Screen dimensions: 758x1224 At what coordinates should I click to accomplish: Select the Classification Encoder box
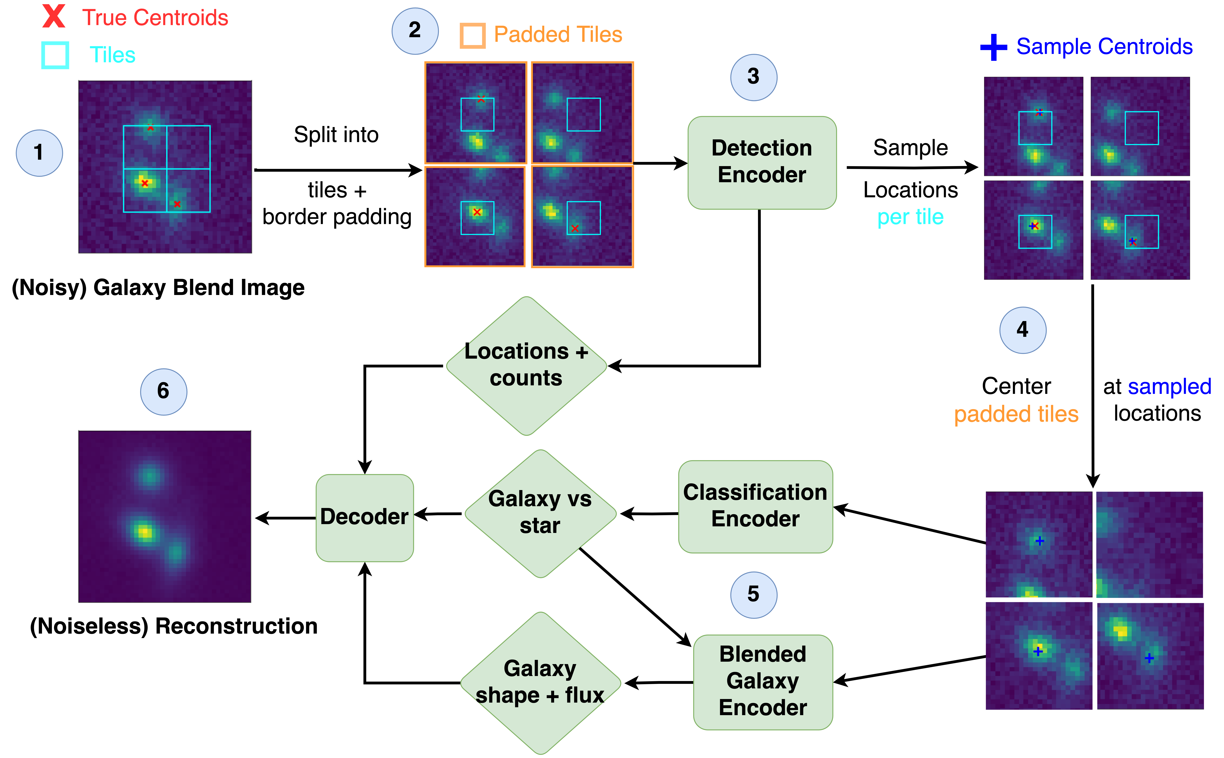click(755, 506)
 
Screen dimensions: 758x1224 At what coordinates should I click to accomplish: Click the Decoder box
click(365, 517)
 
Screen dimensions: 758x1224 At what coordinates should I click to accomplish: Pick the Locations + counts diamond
click(526, 365)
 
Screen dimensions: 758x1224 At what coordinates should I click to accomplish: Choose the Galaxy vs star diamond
click(540, 513)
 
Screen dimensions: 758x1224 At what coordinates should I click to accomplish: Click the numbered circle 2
click(415, 31)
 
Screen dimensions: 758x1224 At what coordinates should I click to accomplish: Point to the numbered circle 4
click(1022, 330)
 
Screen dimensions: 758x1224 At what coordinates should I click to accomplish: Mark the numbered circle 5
click(753, 595)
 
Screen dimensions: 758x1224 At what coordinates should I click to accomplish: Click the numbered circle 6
click(163, 391)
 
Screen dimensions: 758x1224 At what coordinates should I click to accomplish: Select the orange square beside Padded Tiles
click(472, 36)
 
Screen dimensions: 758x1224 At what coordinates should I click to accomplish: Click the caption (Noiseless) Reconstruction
click(173, 626)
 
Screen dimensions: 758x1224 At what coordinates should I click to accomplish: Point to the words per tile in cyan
click(910, 217)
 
